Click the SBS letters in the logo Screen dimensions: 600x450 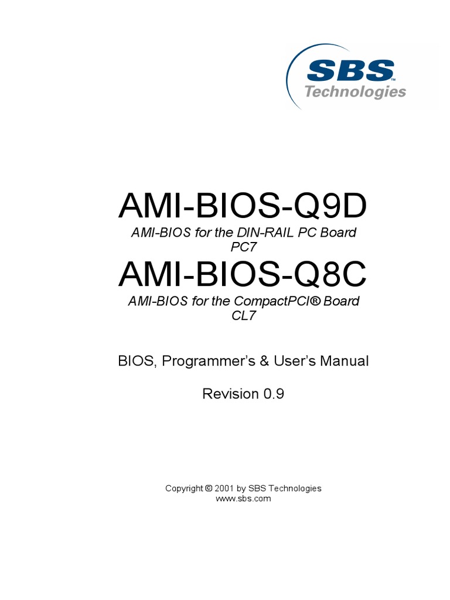(x=350, y=70)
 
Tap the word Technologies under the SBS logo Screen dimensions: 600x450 (x=355, y=91)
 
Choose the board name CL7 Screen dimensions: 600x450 (x=244, y=315)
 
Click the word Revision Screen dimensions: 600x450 (x=230, y=394)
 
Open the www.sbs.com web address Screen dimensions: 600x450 (x=244, y=499)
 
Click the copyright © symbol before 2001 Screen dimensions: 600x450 (x=209, y=488)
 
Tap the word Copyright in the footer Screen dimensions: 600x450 (x=185, y=488)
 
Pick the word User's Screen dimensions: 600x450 (x=294, y=361)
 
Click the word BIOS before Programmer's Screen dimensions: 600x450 (x=137, y=361)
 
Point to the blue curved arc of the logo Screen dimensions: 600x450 (x=291, y=76)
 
